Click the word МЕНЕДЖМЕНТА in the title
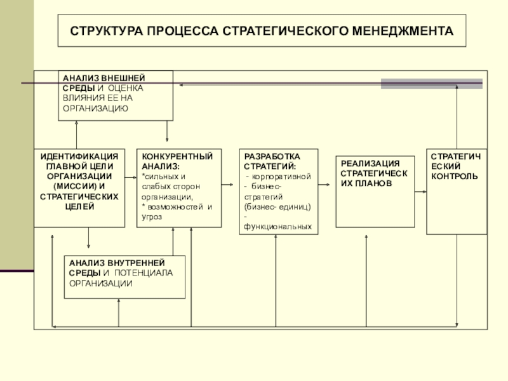point(403,31)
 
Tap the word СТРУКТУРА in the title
point(106,31)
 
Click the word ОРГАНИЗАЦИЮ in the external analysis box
point(96,108)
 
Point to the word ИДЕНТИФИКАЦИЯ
point(79,156)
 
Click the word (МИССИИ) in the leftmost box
point(75,187)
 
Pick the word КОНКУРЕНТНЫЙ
point(177,156)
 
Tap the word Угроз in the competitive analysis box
point(152,217)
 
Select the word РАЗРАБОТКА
point(272,156)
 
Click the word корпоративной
point(281,177)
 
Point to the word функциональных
point(277,227)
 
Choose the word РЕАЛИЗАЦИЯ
point(370,164)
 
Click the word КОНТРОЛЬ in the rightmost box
point(454,177)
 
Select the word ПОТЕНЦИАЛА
point(144,273)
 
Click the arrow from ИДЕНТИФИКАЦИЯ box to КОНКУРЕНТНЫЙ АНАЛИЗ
point(131,178)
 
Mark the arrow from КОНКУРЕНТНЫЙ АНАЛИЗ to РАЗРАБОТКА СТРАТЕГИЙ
point(227,185)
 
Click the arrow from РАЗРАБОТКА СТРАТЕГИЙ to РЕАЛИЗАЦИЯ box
point(324,185)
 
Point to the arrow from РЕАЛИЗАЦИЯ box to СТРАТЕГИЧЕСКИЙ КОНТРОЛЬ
point(420,192)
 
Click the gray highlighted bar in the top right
point(432,84)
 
